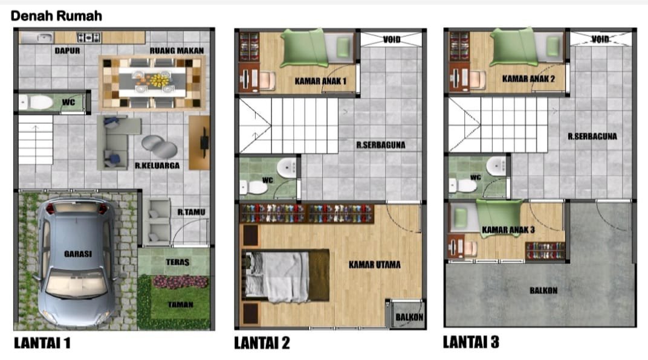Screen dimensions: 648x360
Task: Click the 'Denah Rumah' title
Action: point(56,16)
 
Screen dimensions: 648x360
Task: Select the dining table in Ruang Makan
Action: point(152,82)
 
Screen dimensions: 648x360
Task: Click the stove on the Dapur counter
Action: point(88,38)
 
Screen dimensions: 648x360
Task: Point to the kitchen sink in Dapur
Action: point(37,38)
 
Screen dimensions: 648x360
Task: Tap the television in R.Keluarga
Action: point(204,143)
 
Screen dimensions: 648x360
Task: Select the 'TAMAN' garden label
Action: point(181,304)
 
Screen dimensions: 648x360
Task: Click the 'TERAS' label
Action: point(178,262)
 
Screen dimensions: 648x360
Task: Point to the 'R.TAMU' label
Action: point(192,212)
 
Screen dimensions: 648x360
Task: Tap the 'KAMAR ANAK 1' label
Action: point(321,81)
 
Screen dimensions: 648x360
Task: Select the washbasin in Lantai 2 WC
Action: point(287,167)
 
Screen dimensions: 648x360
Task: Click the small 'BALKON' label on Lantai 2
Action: point(409,317)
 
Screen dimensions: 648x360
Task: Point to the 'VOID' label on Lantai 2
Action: point(391,40)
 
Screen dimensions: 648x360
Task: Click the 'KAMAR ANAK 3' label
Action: point(508,230)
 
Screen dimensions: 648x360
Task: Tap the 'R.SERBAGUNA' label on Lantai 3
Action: point(592,137)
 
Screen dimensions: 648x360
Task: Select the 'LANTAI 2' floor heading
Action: point(262,342)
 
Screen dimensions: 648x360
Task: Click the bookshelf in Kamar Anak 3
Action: point(545,251)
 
